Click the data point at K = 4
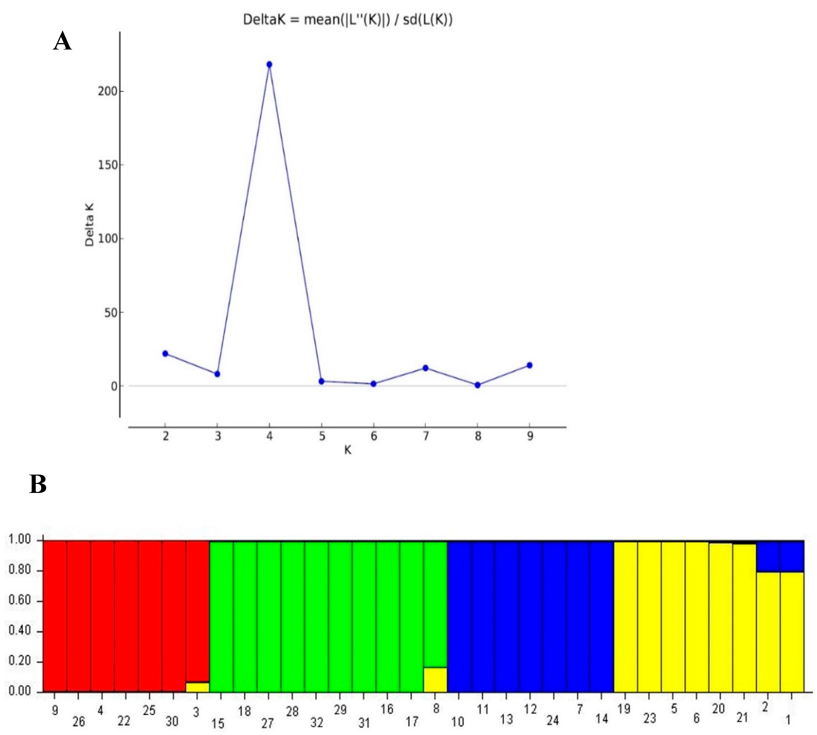(x=270, y=65)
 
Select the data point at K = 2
(x=165, y=354)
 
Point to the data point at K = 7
(x=426, y=368)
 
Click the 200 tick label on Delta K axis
(x=107, y=91)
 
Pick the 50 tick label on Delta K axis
(x=111, y=313)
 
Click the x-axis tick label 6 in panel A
(x=374, y=436)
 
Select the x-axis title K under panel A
(x=347, y=450)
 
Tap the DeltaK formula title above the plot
(x=347, y=19)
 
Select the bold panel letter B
(x=38, y=484)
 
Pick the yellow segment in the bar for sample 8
(x=435, y=680)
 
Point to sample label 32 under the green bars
(x=317, y=722)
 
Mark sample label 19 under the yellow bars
(x=624, y=709)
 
